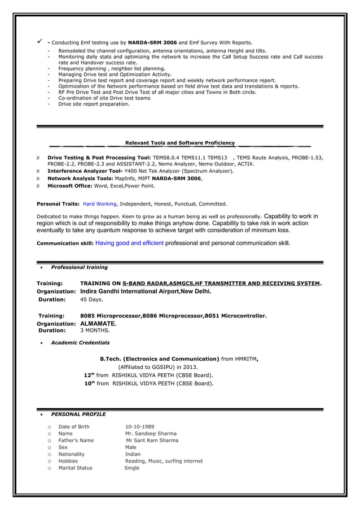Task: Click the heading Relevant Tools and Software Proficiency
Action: click(x=179, y=143)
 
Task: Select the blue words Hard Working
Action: click(x=99, y=203)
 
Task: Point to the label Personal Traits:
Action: click(x=58, y=203)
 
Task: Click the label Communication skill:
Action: click(x=65, y=243)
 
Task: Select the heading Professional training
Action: click(x=79, y=267)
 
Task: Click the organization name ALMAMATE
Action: click(x=98, y=324)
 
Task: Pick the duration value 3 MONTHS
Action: click(x=95, y=330)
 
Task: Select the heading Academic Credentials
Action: click(x=80, y=342)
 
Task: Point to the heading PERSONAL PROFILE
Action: click(x=78, y=414)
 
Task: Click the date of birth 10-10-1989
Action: click(x=139, y=426)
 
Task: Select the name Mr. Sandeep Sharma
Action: click(x=151, y=434)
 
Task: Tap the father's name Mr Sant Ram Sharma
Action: click(x=152, y=441)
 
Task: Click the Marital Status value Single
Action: click(x=131, y=468)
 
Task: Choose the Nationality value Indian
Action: click(x=133, y=454)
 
